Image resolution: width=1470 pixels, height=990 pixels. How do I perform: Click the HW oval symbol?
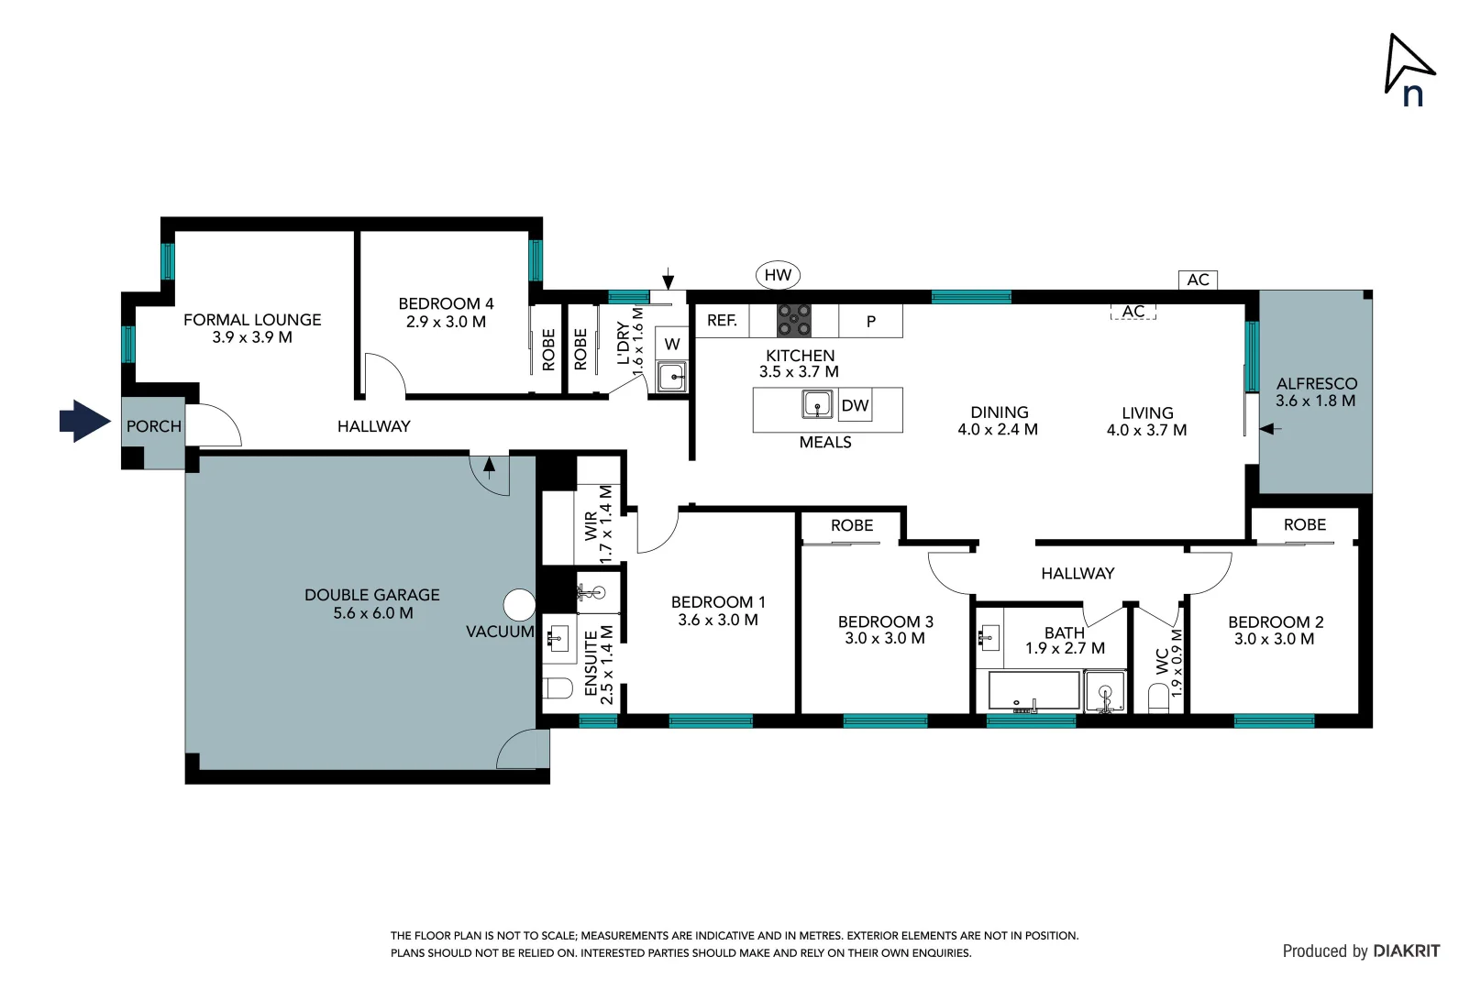point(778,275)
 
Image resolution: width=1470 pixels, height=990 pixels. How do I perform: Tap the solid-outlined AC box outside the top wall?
point(1198,280)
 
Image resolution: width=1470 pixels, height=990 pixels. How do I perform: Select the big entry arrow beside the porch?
point(85,422)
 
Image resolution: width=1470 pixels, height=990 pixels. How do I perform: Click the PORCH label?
point(154,426)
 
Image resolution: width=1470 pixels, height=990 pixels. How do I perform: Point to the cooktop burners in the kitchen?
point(794,321)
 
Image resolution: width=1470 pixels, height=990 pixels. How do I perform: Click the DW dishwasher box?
point(855,405)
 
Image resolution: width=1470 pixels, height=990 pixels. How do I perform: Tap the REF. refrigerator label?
point(722,321)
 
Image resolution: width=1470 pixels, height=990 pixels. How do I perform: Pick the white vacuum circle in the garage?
point(520,605)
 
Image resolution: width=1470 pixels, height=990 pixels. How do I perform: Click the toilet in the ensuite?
point(558,688)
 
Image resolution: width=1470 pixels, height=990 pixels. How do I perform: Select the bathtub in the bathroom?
point(1033,690)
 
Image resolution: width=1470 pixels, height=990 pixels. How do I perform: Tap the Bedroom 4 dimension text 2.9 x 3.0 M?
point(446,322)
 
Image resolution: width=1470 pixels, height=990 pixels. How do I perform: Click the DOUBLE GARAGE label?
point(372,595)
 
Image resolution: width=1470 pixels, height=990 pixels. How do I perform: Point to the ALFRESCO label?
point(1316,384)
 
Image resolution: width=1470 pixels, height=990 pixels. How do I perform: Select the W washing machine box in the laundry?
point(672,345)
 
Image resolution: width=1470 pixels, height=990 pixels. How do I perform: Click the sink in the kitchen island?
point(817,403)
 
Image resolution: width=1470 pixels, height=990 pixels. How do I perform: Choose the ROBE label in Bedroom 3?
point(852,525)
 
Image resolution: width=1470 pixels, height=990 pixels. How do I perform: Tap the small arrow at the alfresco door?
point(1270,428)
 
